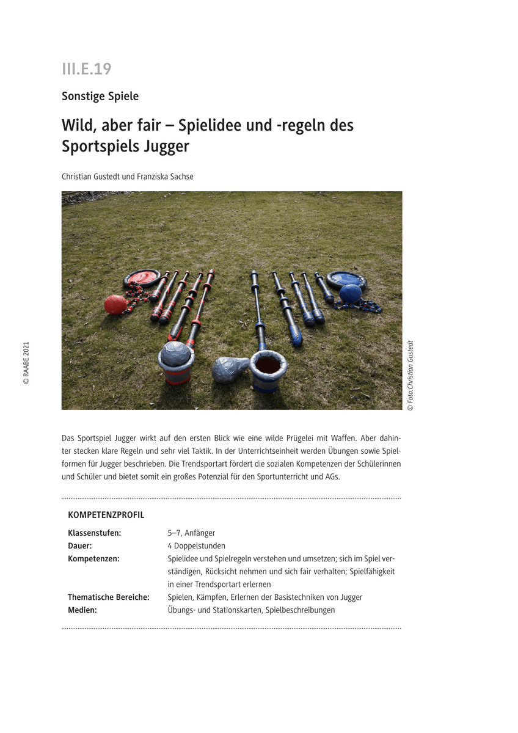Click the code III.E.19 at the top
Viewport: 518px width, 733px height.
click(x=86, y=69)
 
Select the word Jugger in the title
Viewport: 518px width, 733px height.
click(x=167, y=147)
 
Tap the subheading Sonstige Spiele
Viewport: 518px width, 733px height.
click(x=100, y=96)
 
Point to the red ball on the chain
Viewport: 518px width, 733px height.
click(x=115, y=304)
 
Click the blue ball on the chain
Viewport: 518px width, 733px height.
click(x=350, y=294)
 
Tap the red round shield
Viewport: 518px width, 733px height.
click(x=142, y=279)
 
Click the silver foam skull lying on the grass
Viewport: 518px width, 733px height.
click(x=230, y=368)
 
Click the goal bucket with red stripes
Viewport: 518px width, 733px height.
click(x=176, y=363)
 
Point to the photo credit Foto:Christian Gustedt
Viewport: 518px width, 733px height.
click(x=410, y=375)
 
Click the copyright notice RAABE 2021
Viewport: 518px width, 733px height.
click(x=26, y=362)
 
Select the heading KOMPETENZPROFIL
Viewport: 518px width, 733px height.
click(x=106, y=515)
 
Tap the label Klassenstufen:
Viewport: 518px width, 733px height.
click(x=95, y=533)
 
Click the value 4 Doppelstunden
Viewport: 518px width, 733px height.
click(x=196, y=545)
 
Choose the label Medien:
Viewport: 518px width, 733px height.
click(x=82, y=610)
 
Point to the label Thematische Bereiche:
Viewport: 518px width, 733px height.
click(x=109, y=597)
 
